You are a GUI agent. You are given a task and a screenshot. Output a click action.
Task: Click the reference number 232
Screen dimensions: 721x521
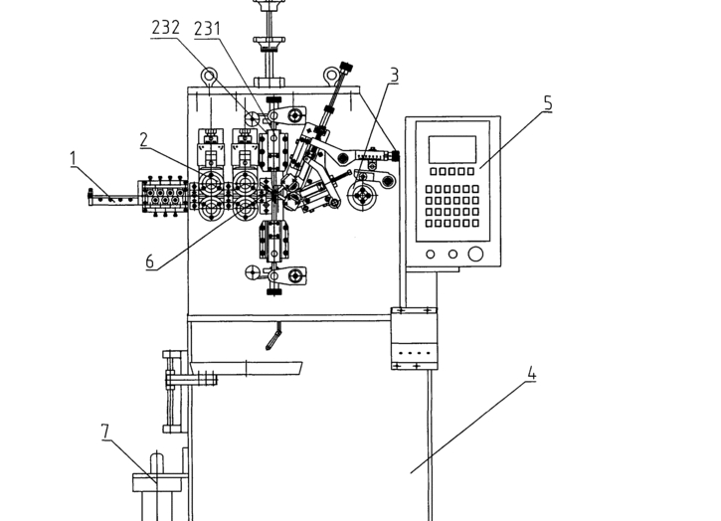click(x=165, y=28)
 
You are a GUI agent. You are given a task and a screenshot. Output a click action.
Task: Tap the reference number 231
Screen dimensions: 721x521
click(x=208, y=29)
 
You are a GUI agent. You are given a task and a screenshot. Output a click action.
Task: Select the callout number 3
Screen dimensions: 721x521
click(x=394, y=75)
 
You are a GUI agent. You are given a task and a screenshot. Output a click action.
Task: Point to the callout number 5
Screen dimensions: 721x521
click(x=548, y=103)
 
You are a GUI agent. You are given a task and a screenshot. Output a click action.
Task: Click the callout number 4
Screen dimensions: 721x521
click(x=532, y=373)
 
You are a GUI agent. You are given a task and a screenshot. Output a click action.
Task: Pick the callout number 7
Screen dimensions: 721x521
click(x=105, y=432)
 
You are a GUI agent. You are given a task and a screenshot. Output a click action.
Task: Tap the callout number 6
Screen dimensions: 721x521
click(x=150, y=261)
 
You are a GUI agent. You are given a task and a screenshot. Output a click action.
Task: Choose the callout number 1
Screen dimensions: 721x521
click(x=73, y=159)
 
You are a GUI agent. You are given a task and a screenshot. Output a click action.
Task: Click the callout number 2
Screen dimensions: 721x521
click(x=144, y=140)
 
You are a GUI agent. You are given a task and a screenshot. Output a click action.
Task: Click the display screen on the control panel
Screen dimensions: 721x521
click(x=452, y=149)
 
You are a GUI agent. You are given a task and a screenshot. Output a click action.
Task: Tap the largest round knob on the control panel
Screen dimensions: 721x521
click(x=475, y=254)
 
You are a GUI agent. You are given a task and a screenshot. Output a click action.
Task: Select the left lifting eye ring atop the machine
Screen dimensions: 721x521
click(x=209, y=76)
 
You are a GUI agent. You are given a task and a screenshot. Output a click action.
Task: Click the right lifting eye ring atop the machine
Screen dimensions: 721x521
click(x=331, y=75)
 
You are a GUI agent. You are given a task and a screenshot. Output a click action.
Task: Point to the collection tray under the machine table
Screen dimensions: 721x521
click(x=247, y=368)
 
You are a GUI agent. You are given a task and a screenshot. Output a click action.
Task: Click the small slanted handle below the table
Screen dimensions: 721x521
click(x=273, y=337)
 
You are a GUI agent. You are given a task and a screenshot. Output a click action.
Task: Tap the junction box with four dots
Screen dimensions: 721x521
click(x=414, y=338)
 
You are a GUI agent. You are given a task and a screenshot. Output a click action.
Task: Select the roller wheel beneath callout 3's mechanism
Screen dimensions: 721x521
click(x=363, y=195)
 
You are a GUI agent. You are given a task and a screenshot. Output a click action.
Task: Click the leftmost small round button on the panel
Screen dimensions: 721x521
click(x=430, y=255)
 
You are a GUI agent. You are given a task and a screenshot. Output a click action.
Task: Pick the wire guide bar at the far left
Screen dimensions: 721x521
click(x=113, y=199)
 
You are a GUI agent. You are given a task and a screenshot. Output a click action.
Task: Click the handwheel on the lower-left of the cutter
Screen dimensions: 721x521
click(x=252, y=272)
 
